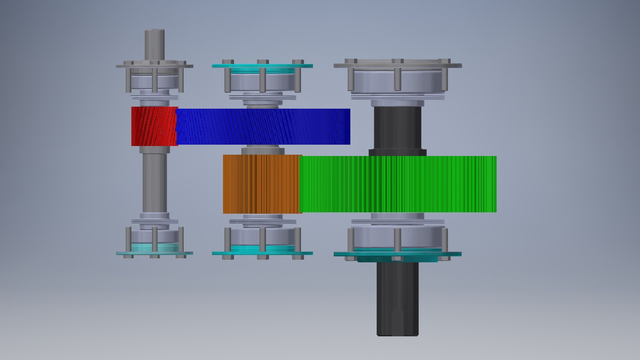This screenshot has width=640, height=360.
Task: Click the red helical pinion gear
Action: pyautogui.click(x=154, y=126)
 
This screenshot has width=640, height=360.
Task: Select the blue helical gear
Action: pyautogui.click(x=263, y=127)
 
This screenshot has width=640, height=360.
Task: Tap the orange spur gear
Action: pyautogui.click(x=262, y=184)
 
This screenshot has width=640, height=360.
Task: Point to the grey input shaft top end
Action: pyautogui.click(x=154, y=43)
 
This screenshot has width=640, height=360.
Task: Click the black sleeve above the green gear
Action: pyautogui.click(x=397, y=128)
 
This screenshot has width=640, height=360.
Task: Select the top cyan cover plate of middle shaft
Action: pyautogui.click(x=262, y=66)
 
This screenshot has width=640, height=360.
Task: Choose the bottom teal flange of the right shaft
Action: pyautogui.click(x=398, y=254)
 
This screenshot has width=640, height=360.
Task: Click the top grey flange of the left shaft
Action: pyautogui.click(x=154, y=66)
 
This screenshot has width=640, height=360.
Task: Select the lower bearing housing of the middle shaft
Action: pyautogui.click(x=262, y=237)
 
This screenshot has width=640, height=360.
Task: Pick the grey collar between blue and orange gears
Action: pyautogui.click(x=263, y=151)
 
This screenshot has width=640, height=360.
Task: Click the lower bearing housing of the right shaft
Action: pyautogui.click(x=398, y=237)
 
